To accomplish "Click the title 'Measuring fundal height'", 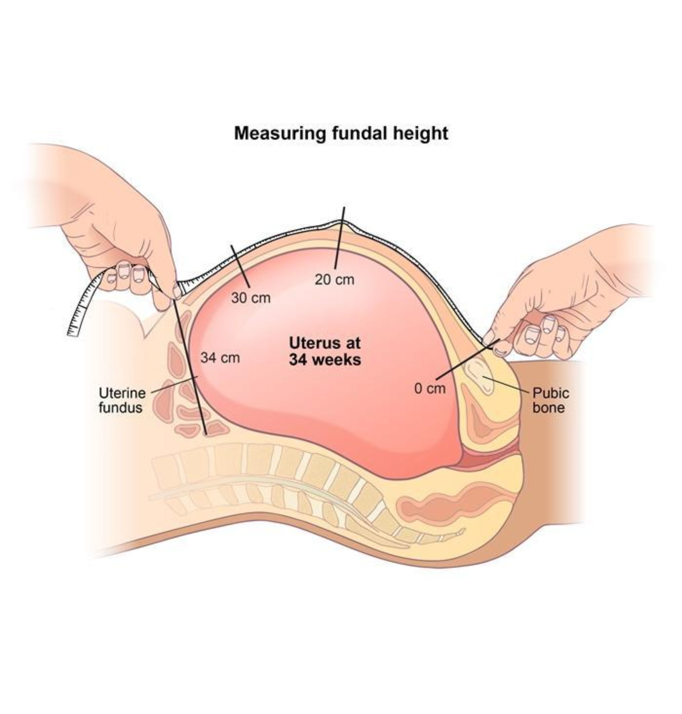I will pos(340,134).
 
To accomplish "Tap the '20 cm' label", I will pos(334,280).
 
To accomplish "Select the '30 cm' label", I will pos(251,298).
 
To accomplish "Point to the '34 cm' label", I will pos(220,358).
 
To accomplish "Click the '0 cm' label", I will pos(430,388).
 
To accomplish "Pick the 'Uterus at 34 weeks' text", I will pos(325,351).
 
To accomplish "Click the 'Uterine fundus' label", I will pos(121,400).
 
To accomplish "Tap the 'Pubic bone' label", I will pos(551,400).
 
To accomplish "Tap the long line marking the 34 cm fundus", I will pos(191,363).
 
